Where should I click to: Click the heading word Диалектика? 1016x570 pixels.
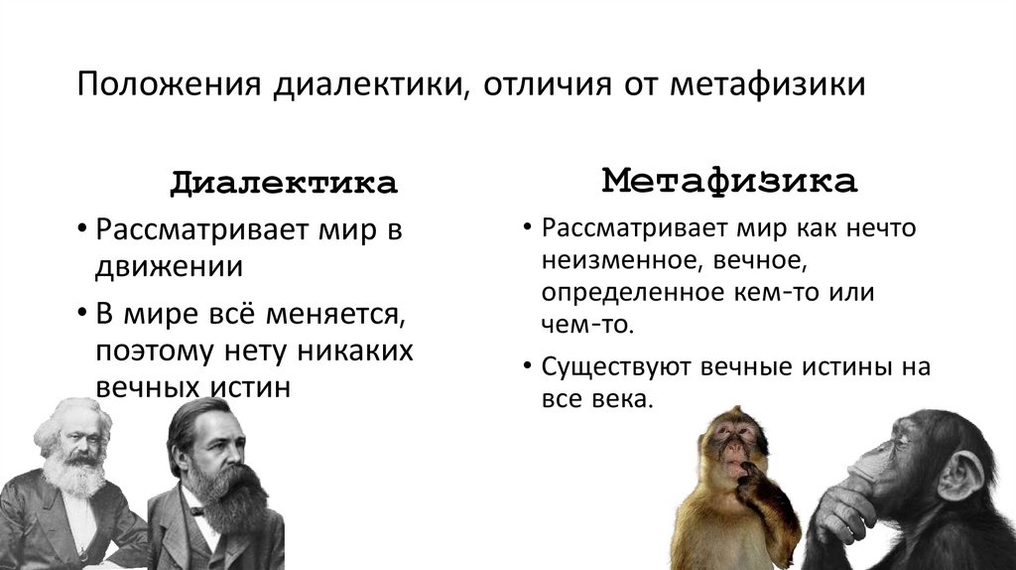(283, 183)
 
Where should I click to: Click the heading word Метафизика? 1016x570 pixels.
(728, 181)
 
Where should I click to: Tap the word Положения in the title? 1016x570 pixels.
(169, 82)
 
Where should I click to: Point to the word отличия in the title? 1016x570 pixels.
(548, 82)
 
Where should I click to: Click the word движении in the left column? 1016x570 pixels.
(169, 266)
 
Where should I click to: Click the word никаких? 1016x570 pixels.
(352, 351)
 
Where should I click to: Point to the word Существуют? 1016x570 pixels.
(618, 365)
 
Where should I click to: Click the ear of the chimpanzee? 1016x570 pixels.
(959, 476)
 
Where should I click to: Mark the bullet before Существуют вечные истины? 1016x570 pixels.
(526, 366)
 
